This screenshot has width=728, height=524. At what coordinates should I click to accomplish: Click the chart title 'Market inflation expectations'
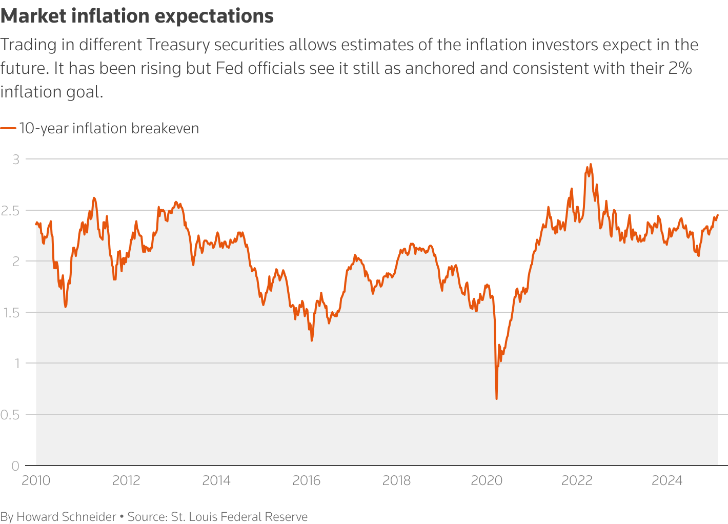tap(137, 16)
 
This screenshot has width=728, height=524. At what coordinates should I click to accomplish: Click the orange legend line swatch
tap(8, 128)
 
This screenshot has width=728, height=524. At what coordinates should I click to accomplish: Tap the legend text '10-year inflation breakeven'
tap(109, 128)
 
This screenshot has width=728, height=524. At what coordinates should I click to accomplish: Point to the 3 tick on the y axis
tap(16, 159)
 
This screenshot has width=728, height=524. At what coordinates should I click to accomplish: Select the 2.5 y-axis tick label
tap(11, 210)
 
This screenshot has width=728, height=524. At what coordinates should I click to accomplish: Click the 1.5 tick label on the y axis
tap(11, 312)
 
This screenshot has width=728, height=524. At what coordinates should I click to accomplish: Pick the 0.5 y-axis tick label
tap(10, 414)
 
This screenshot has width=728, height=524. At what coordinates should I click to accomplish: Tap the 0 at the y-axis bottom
tap(15, 466)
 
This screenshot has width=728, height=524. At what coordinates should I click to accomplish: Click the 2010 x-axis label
tap(36, 480)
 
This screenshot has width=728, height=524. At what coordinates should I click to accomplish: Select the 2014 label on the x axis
tap(216, 480)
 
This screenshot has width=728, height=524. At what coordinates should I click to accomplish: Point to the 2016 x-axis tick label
tap(306, 480)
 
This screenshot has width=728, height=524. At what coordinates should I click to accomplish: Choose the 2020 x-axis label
tap(487, 480)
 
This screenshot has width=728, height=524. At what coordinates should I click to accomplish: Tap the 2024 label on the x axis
tap(666, 480)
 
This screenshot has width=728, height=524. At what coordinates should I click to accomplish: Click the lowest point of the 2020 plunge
tap(496, 398)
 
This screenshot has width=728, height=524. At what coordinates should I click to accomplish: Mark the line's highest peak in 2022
tap(591, 164)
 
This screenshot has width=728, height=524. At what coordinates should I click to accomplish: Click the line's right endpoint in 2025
tap(717, 215)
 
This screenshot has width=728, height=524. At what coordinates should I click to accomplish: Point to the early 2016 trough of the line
tap(312, 340)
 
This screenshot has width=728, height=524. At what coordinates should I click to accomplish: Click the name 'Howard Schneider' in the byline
tap(66, 516)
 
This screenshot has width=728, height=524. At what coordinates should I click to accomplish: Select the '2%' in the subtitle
tap(681, 68)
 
